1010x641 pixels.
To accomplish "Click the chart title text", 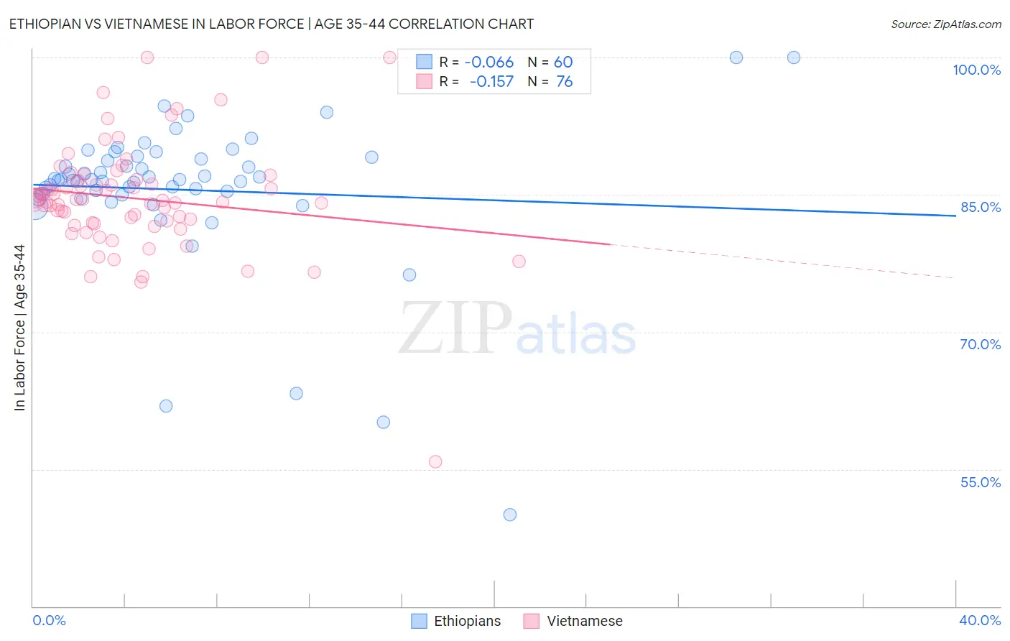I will (271, 24).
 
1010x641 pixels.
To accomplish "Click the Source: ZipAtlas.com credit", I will (945, 24).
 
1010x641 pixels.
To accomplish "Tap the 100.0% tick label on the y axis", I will (976, 70).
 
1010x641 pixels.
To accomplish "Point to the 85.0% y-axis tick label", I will (980, 207).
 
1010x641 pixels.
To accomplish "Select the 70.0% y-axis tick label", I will (980, 344).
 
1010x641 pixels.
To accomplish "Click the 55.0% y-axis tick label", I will (980, 482).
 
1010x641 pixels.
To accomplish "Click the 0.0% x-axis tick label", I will (49, 620).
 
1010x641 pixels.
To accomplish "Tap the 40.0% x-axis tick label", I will (979, 620).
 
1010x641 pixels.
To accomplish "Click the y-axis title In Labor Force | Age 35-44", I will (19, 328).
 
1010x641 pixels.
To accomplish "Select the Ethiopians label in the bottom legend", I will (467, 621).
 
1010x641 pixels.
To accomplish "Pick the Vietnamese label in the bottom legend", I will (584, 621).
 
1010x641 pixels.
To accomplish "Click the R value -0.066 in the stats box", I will (488, 63).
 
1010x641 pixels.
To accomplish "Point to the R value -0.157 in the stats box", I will (491, 82).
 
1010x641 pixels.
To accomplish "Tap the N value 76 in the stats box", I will (565, 82).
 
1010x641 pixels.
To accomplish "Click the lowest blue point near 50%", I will (510, 515).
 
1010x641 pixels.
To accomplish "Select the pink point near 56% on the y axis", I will (435, 462).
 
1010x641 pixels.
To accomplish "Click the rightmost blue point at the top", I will (794, 57).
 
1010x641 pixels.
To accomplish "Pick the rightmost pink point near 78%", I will (519, 262).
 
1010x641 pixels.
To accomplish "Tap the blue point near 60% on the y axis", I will (384, 423).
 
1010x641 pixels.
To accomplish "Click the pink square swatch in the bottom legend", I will (531, 621).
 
